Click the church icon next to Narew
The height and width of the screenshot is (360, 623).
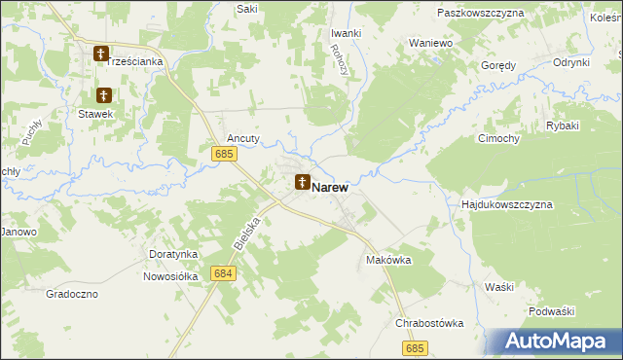[303, 182]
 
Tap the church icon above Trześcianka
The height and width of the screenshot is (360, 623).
[101, 54]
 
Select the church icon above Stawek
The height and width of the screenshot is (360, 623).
[104, 95]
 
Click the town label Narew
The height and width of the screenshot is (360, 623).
[331, 186]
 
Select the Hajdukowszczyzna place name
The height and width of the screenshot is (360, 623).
[506, 205]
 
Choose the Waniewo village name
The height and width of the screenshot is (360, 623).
[430, 43]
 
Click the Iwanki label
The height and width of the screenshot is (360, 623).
[346, 32]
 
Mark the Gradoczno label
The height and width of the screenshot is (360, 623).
[72, 293]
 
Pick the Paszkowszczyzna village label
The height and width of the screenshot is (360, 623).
[481, 13]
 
